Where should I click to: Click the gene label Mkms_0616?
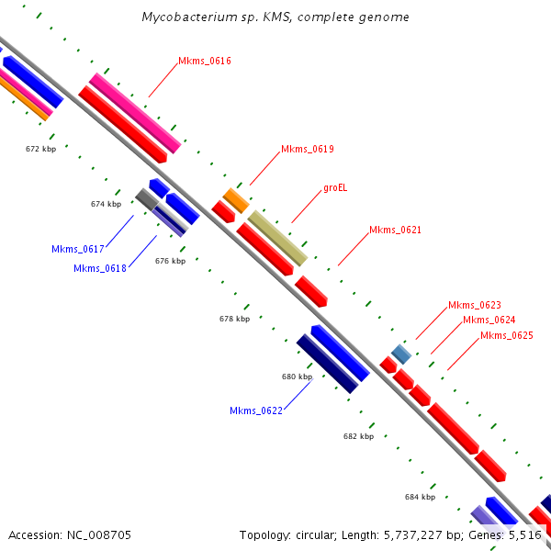(205, 62)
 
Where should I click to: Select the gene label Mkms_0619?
(308, 149)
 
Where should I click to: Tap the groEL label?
(335, 188)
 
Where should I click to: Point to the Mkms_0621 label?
(395, 230)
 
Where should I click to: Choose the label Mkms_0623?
(474, 305)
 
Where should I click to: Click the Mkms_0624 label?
(489, 320)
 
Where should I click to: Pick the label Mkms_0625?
(506, 335)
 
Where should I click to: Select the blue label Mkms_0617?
(78, 249)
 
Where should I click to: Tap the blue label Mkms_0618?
(100, 268)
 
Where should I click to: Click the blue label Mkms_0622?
(256, 410)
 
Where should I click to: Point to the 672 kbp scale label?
(40, 148)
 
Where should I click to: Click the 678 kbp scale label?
(234, 319)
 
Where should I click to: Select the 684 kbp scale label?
(420, 496)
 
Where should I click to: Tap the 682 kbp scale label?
(358, 436)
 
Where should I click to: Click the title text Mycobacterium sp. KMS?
(275, 17)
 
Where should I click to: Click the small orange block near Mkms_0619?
(236, 200)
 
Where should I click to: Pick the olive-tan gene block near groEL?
(277, 238)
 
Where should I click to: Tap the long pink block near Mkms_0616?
(135, 113)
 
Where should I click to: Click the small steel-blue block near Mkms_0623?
(401, 354)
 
